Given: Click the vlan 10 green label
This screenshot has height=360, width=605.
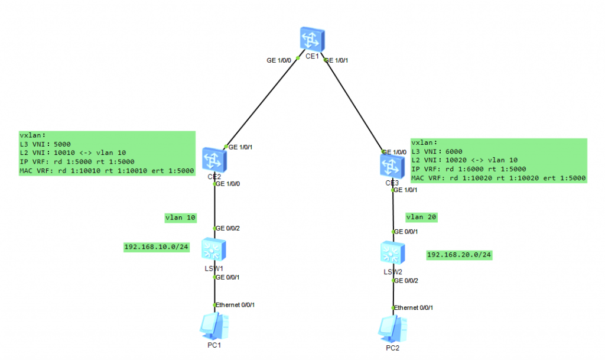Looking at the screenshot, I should pos(180,218).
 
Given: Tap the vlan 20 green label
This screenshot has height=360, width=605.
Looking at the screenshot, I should pos(421,218).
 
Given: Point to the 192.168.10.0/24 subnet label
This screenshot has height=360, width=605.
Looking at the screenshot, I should pos(156,247).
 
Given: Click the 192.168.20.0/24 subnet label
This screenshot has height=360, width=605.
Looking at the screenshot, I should pos(459,255).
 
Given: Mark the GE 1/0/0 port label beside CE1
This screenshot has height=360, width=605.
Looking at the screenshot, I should pos(280,60).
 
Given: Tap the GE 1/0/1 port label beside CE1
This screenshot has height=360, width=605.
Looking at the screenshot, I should pos(342,60).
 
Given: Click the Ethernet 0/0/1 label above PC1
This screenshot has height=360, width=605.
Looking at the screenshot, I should pos(235,305).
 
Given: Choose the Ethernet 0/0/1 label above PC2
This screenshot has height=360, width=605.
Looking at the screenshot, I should pos(414,308).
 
